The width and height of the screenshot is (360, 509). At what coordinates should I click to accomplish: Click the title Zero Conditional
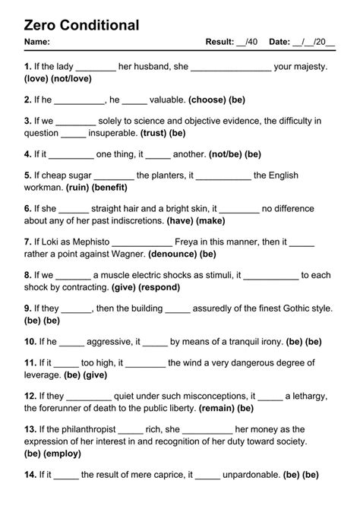82,25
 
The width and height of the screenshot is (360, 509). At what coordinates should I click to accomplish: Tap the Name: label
37,42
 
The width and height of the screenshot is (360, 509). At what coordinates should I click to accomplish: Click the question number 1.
27,67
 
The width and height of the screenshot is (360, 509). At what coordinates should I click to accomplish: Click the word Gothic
287,308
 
